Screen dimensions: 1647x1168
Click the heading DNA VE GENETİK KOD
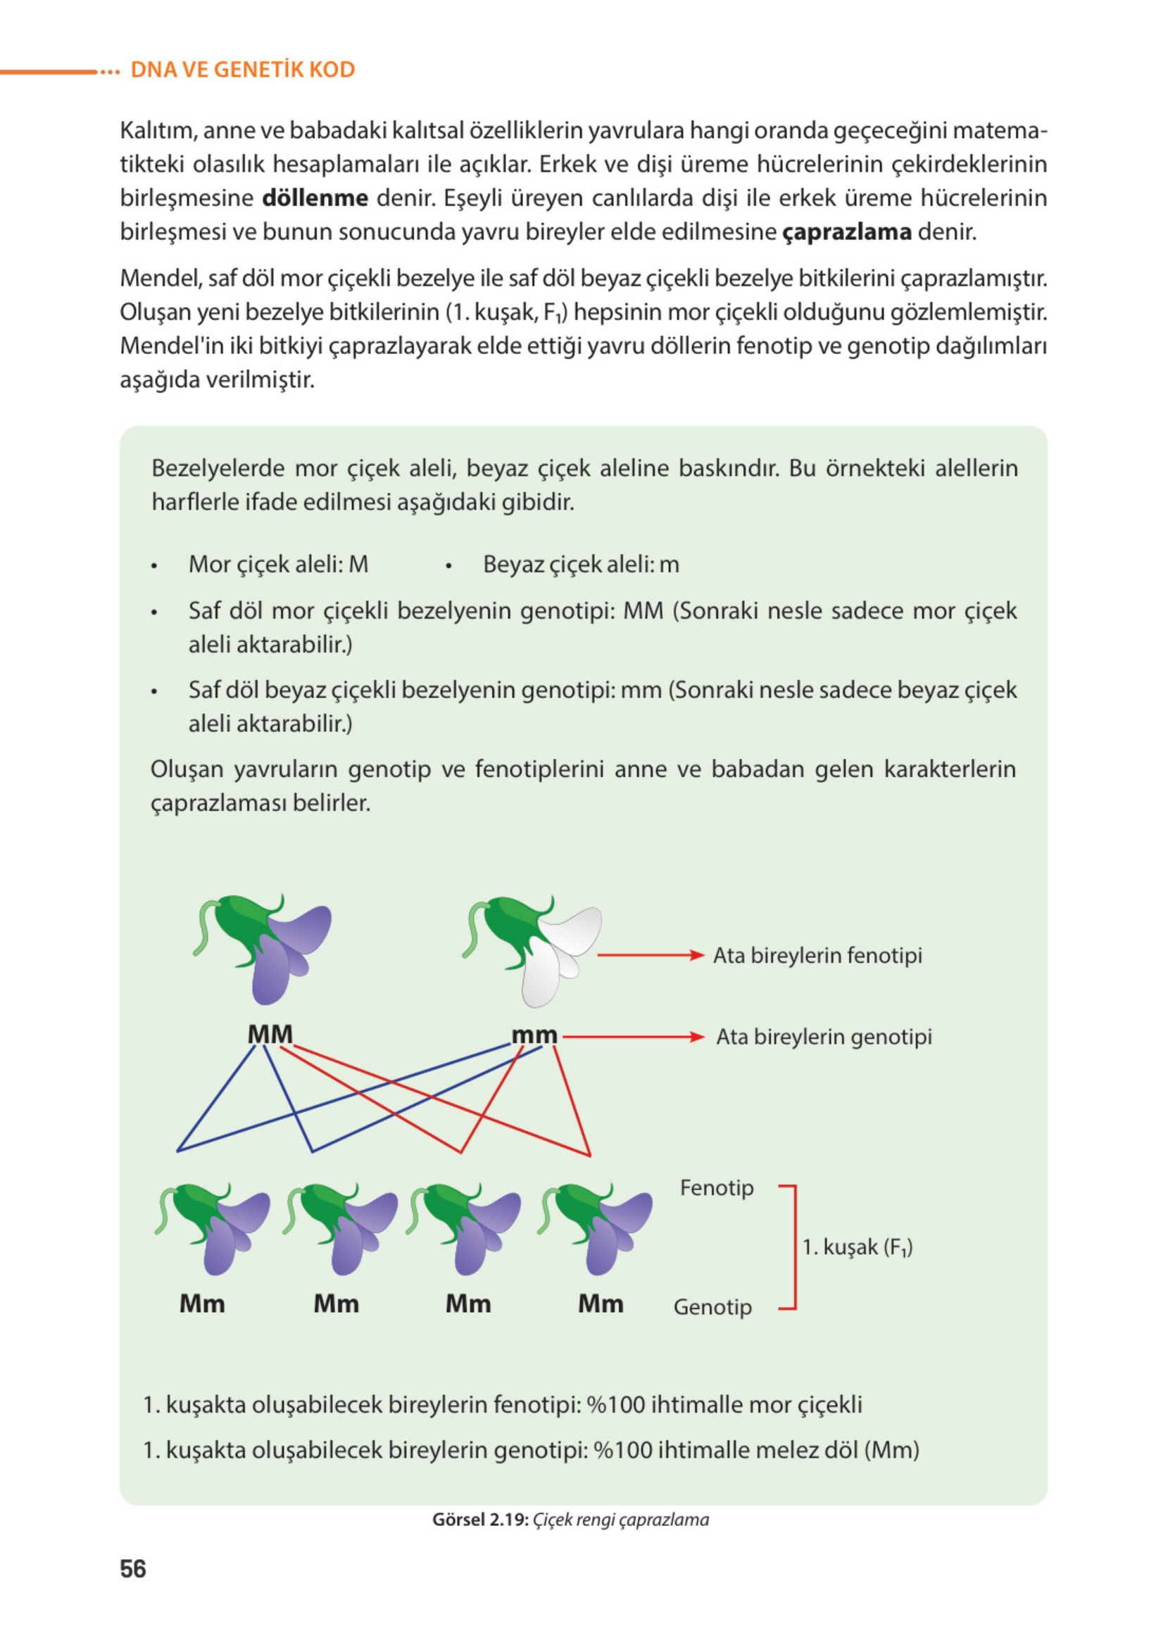[x=242, y=70]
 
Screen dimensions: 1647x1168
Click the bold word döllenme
[x=314, y=198]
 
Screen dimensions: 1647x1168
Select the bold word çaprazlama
[x=846, y=232]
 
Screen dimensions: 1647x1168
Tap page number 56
[x=133, y=1568]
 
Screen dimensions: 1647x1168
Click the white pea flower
[x=558, y=949]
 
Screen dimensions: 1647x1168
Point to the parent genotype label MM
[x=270, y=1034]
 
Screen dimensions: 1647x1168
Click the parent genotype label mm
[x=534, y=1035]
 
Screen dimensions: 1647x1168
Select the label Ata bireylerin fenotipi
[x=817, y=955]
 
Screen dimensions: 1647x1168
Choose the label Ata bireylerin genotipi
[x=824, y=1037]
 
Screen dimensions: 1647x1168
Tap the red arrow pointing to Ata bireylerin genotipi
[x=633, y=1037]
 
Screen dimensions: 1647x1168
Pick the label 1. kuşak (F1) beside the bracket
[x=858, y=1247]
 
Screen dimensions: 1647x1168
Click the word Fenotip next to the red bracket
[x=716, y=1187]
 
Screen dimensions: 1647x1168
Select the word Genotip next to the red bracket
[x=712, y=1306]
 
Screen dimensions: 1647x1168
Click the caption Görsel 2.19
[x=480, y=1519]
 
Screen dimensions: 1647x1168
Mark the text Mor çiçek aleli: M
[x=278, y=564]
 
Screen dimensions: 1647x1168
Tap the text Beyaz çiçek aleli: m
[x=581, y=564]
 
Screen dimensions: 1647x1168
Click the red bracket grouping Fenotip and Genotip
[x=793, y=1247]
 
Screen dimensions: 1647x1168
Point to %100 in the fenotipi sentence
[x=615, y=1404]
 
